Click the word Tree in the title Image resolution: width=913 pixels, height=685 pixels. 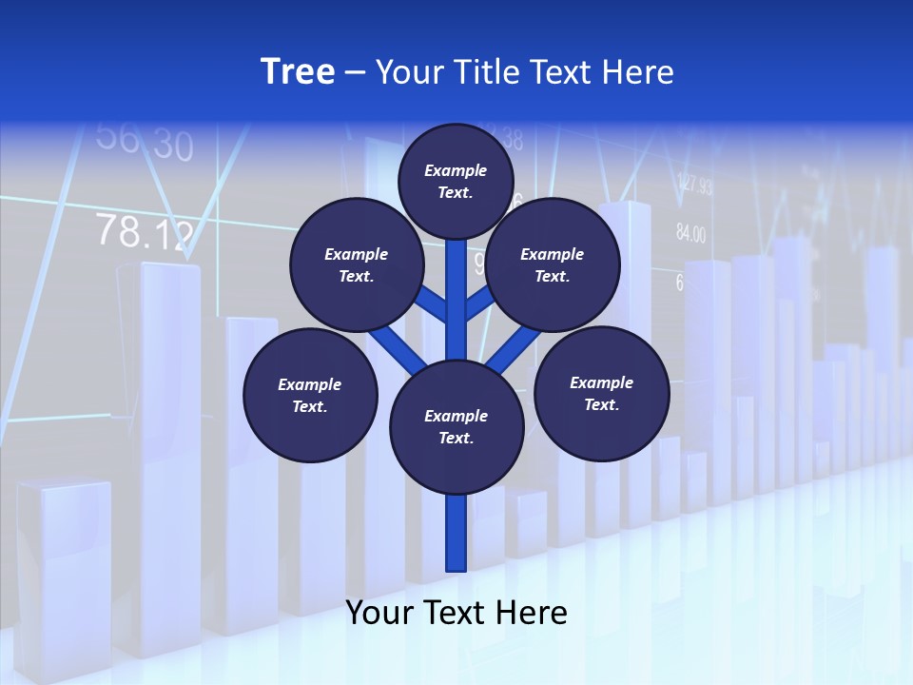pyautogui.click(x=298, y=71)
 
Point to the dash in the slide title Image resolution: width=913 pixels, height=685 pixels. pyautogui.click(x=355, y=73)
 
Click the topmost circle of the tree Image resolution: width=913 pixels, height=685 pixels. pyautogui.click(x=456, y=181)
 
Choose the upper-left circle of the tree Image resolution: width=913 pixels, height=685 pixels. pyautogui.click(x=356, y=264)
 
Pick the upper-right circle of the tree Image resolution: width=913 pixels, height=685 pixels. pyautogui.click(x=552, y=264)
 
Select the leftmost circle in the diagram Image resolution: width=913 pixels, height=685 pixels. pyautogui.click(x=310, y=395)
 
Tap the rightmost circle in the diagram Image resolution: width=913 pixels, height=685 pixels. pyautogui.click(x=601, y=393)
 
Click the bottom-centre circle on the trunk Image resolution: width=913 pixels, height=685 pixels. pyautogui.click(x=456, y=427)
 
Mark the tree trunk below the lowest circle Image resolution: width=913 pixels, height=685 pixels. pyautogui.click(x=456, y=533)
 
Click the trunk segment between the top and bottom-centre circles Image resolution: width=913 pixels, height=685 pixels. pyautogui.click(x=456, y=295)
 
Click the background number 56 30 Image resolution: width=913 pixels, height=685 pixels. pyautogui.click(x=145, y=142)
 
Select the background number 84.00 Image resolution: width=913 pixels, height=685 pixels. pyautogui.click(x=691, y=232)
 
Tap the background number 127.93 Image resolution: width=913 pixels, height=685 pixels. pyautogui.click(x=694, y=185)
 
